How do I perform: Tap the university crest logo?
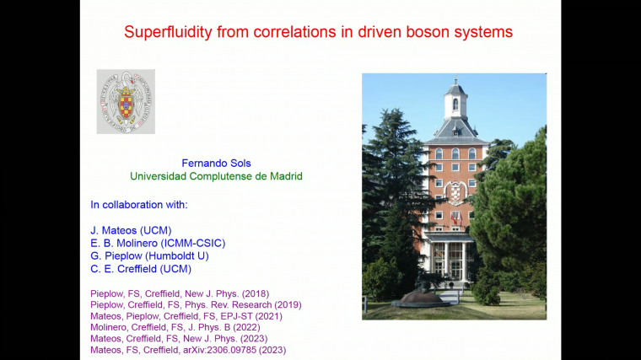tap(126, 101)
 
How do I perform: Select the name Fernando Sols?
tap(215, 163)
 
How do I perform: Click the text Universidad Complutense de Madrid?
tap(215, 176)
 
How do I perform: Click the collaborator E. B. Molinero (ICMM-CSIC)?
tap(158, 243)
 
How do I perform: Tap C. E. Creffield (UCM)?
tap(141, 269)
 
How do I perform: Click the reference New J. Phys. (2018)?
tap(180, 293)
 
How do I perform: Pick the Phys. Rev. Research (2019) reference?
tap(196, 304)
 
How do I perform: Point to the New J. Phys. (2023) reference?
tap(179, 338)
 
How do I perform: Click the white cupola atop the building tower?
tap(455, 99)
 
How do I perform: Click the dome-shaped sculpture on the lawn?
tap(422, 298)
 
